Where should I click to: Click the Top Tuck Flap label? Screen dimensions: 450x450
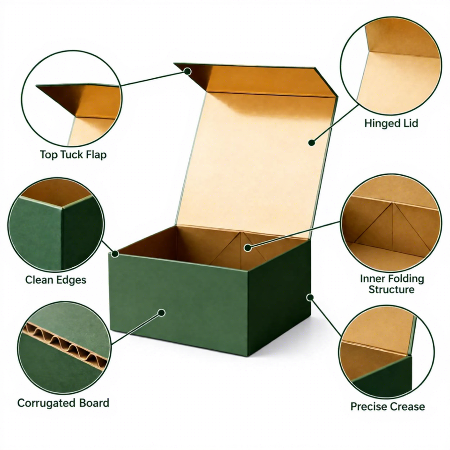(x=73, y=155)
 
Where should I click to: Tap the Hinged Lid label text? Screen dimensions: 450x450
(x=391, y=123)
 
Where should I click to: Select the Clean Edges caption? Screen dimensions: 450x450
(x=56, y=280)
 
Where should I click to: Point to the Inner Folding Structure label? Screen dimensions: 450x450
(x=392, y=284)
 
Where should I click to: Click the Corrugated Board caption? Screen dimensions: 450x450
(x=63, y=403)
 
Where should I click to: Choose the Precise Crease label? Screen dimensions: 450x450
(x=388, y=406)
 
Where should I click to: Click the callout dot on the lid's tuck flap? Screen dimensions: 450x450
(x=187, y=71)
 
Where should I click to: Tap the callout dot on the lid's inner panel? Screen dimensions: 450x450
(x=312, y=142)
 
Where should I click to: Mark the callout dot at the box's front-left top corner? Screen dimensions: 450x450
(x=115, y=254)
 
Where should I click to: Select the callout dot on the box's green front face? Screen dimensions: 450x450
(x=162, y=313)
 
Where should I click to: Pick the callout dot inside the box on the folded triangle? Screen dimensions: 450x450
(x=248, y=247)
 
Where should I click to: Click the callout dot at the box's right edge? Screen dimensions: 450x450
(x=310, y=297)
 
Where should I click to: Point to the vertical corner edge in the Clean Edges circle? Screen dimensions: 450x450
(x=62, y=238)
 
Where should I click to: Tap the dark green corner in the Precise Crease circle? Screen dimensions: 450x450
(x=384, y=376)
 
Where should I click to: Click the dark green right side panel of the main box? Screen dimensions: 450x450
(x=280, y=299)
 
